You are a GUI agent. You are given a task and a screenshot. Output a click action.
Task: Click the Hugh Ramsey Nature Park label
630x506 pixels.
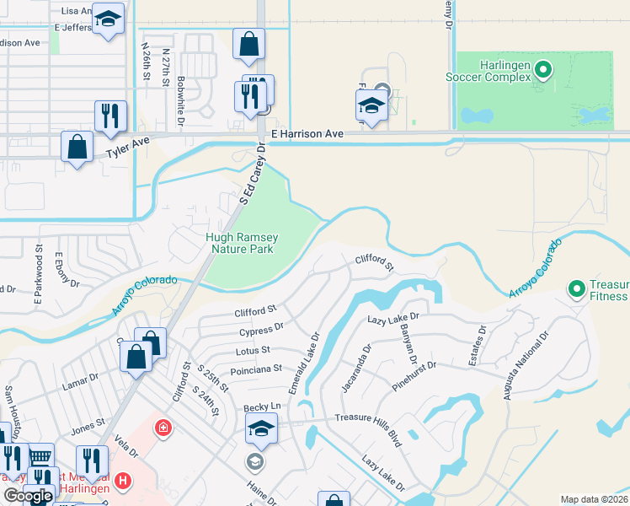[x=241, y=243]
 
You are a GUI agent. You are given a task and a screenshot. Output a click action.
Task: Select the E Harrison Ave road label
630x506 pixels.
[x=307, y=134]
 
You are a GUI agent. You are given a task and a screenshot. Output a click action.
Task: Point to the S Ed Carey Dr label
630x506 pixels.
[x=252, y=174]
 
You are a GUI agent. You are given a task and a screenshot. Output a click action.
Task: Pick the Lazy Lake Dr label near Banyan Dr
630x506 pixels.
[x=398, y=319]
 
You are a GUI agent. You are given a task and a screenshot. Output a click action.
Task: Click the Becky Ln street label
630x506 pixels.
[x=261, y=407]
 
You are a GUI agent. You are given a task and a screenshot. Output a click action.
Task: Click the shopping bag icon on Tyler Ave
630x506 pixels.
[x=77, y=147]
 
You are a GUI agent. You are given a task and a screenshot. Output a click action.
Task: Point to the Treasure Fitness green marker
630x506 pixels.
[x=577, y=289]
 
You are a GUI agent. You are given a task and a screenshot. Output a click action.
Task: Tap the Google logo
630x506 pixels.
[x=28, y=496]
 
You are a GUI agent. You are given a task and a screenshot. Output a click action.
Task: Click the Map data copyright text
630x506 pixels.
[x=594, y=499]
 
